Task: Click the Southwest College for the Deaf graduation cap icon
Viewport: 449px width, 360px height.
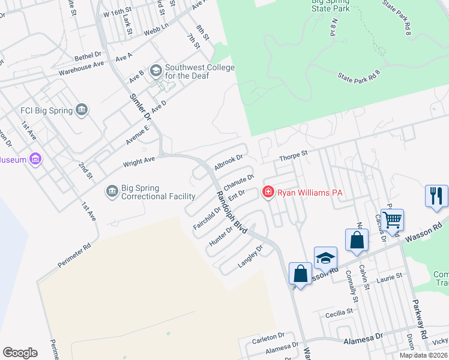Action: click(x=155, y=71)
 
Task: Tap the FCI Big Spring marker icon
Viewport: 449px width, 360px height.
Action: click(x=82, y=110)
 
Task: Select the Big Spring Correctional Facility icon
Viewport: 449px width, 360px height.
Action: click(x=112, y=191)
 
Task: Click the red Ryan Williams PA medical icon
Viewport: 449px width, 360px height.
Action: click(x=268, y=192)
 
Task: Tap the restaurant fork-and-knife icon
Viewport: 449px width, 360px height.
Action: click(x=436, y=196)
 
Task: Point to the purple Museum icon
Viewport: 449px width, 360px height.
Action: click(x=35, y=159)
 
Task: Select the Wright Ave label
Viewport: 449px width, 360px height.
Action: click(x=139, y=161)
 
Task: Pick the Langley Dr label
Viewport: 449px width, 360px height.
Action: click(x=252, y=254)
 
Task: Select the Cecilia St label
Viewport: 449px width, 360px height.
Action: click(x=338, y=312)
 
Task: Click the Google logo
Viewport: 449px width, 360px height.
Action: click(x=20, y=353)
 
